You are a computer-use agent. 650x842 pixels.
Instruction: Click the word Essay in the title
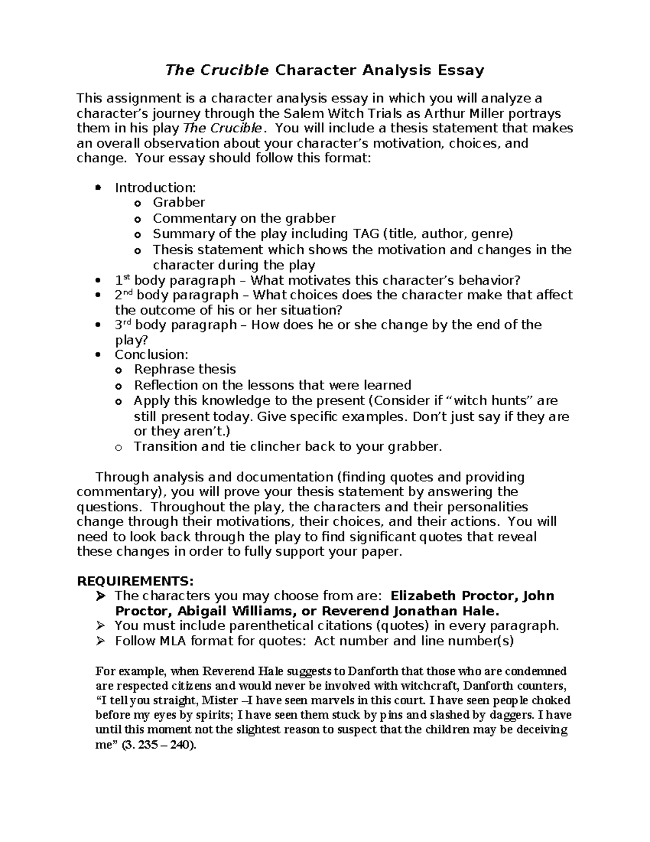(461, 70)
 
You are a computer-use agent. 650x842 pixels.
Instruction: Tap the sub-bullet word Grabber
(179, 203)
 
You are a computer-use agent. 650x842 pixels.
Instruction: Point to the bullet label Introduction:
(155, 188)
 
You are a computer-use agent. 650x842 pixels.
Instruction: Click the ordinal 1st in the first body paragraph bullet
(122, 280)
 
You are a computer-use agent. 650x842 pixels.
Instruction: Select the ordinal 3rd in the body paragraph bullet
(122, 325)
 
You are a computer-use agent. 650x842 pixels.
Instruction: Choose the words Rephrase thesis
(185, 370)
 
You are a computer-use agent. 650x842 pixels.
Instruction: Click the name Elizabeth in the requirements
(423, 596)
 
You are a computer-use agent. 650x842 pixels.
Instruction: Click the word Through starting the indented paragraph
(122, 477)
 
